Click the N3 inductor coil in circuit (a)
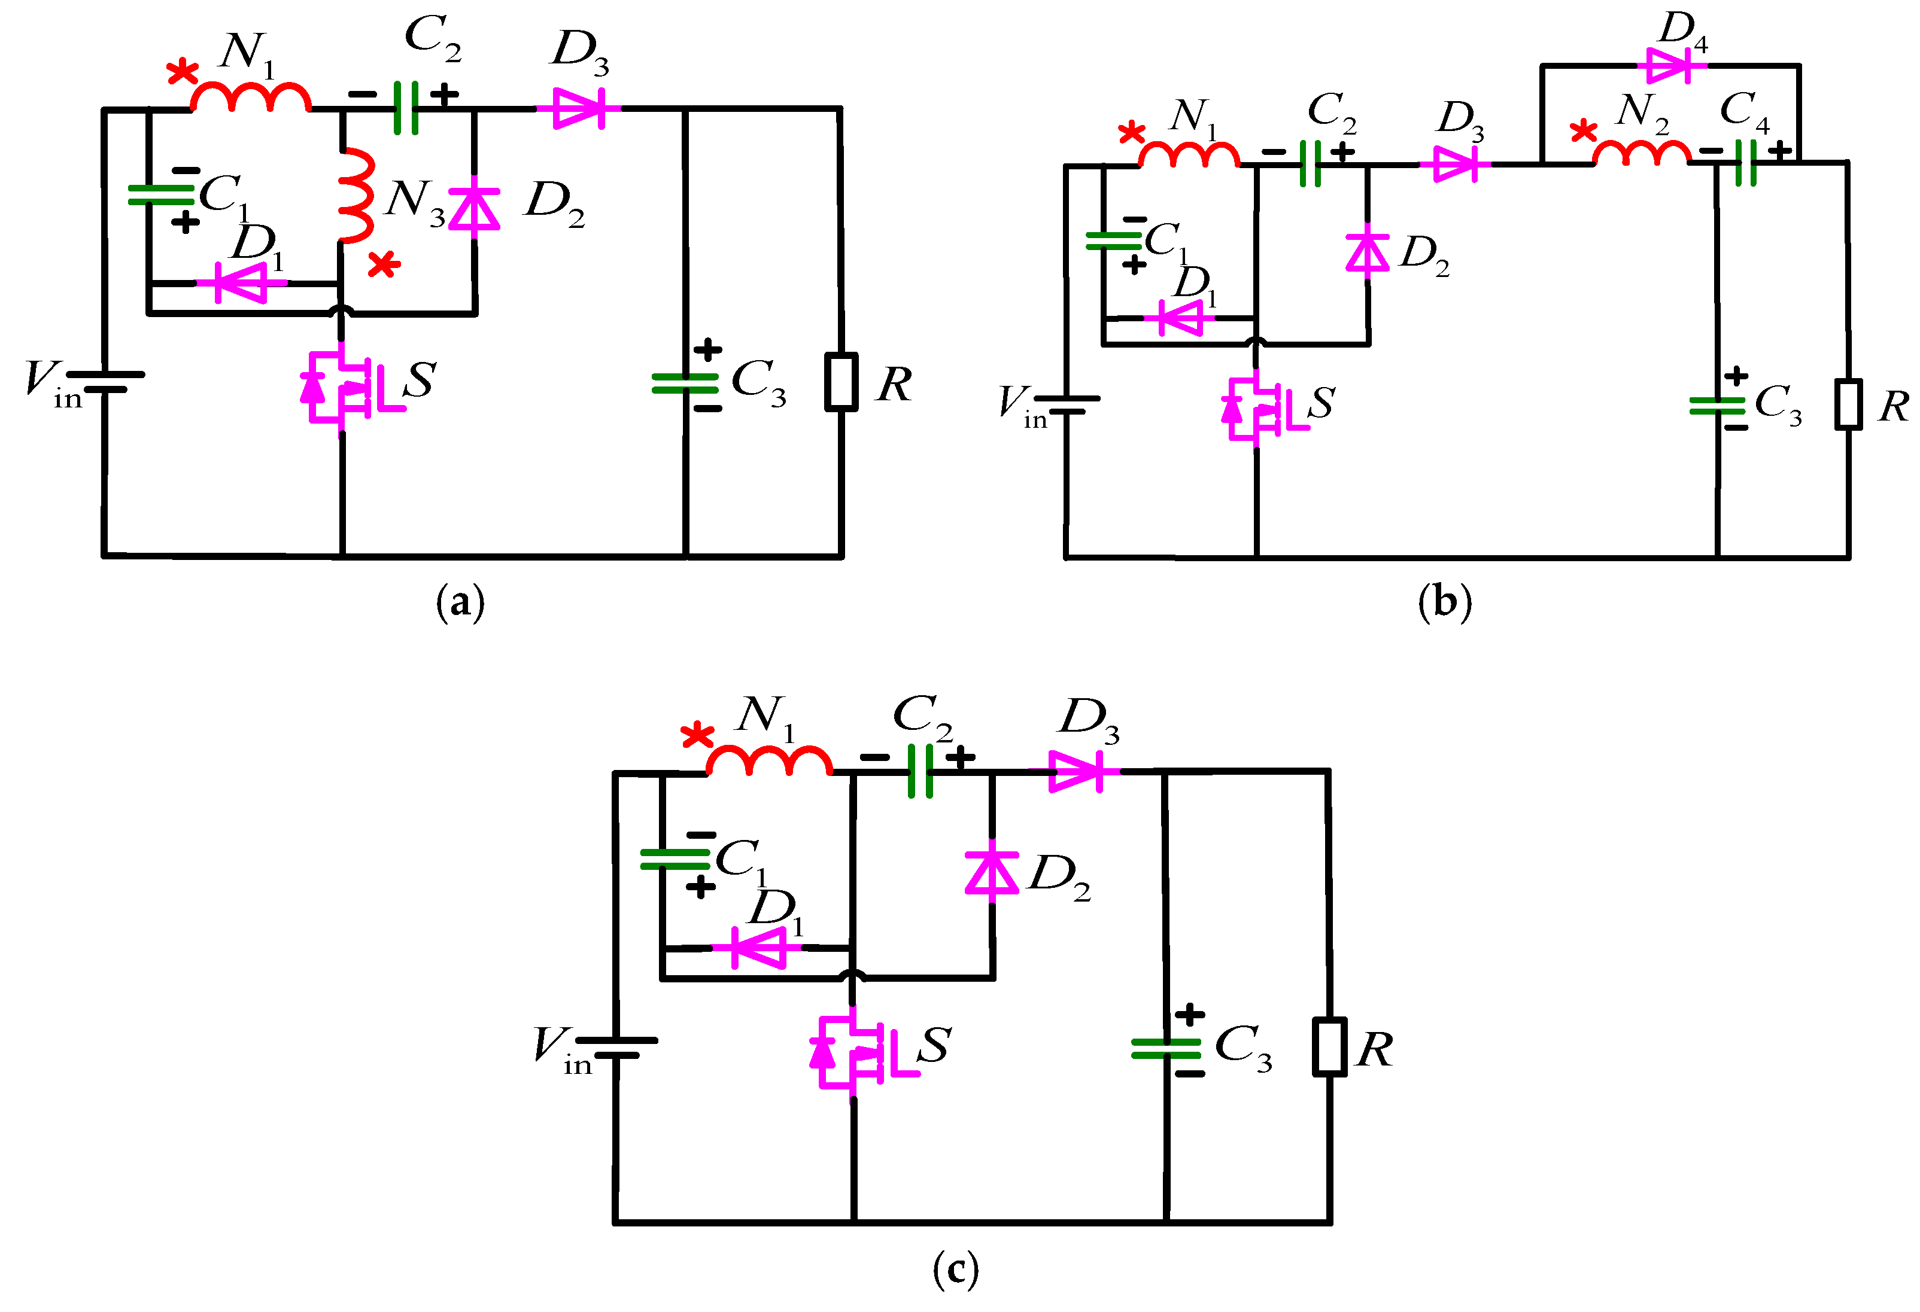point(356,196)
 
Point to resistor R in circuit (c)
point(1329,1047)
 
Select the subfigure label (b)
point(1445,602)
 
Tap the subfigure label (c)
point(956,1268)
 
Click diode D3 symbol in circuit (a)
point(578,108)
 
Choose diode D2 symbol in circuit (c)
point(991,873)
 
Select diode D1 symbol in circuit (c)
point(757,947)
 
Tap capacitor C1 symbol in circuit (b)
point(1113,241)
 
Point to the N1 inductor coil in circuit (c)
point(769,761)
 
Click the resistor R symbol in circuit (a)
point(841,382)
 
